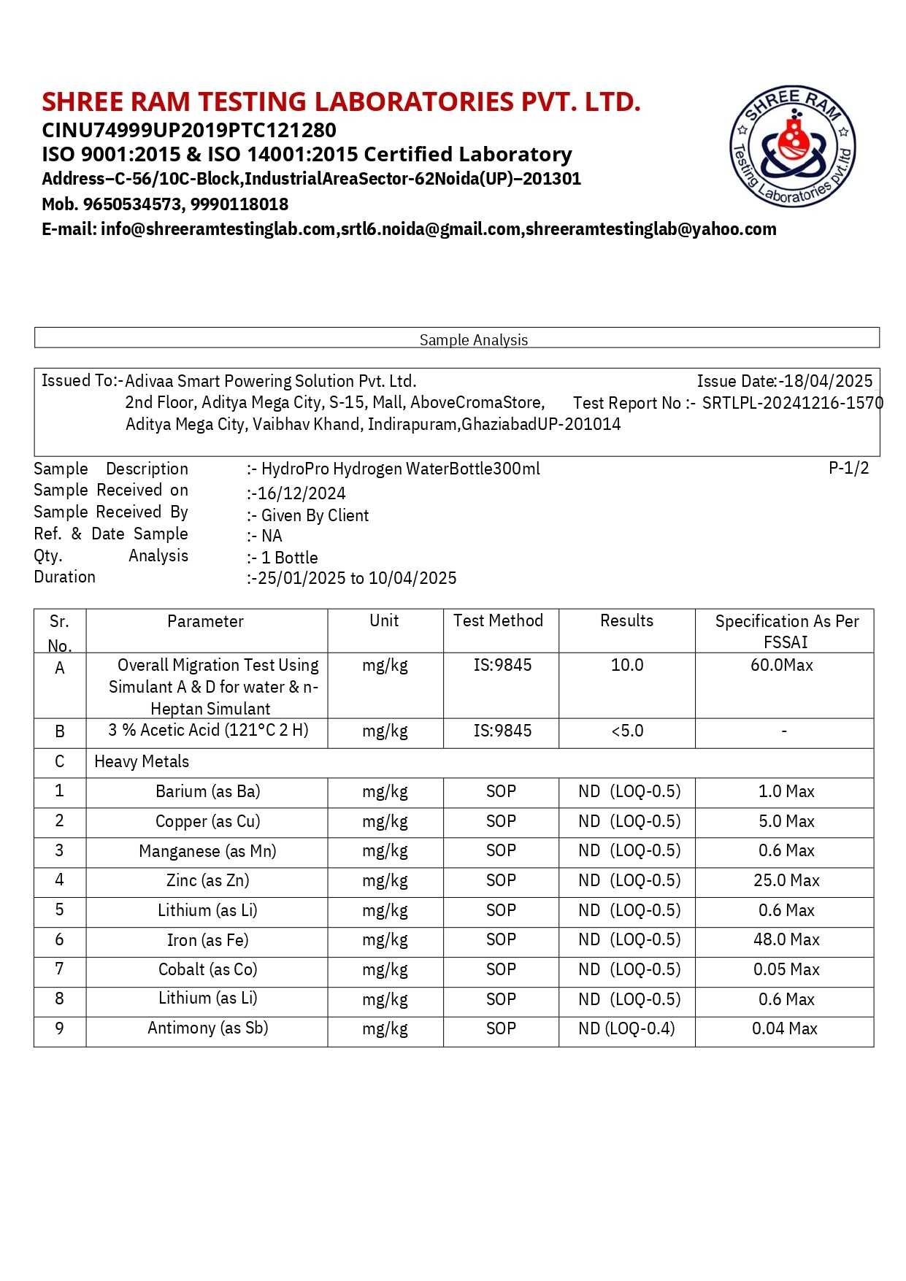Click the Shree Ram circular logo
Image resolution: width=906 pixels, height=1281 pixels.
pyautogui.click(x=793, y=146)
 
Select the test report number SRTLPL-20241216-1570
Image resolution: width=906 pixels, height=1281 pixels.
pyautogui.click(x=792, y=403)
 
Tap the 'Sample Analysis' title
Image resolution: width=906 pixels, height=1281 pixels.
pyautogui.click(x=473, y=339)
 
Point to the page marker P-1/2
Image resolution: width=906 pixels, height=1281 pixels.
pyautogui.click(x=848, y=469)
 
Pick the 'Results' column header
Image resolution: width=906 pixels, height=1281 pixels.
pyautogui.click(x=626, y=620)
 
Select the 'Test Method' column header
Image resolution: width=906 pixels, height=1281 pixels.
pyautogui.click(x=498, y=620)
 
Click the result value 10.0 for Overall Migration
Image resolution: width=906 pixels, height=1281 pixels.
pyautogui.click(x=627, y=665)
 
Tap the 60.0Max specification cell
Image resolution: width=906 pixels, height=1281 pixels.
pyautogui.click(x=781, y=665)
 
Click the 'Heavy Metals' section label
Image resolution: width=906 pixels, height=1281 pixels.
pyautogui.click(x=142, y=762)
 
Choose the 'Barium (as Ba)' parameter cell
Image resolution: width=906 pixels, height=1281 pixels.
pyautogui.click(x=207, y=792)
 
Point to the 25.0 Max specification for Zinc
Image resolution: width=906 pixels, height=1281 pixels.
pyautogui.click(x=786, y=881)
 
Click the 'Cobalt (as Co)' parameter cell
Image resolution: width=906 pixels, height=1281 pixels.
pyautogui.click(x=207, y=970)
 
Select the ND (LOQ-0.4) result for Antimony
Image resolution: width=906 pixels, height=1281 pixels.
pyautogui.click(x=626, y=1029)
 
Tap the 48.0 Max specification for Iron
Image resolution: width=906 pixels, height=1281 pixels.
pyautogui.click(x=786, y=940)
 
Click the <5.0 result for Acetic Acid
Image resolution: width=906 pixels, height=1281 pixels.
pyautogui.click(x=627, y=731)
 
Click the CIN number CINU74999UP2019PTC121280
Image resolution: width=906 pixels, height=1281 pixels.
pyautogui.click(x=189, y=131)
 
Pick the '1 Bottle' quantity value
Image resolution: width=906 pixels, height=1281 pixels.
pyautogui.click(x=289, y=558)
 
